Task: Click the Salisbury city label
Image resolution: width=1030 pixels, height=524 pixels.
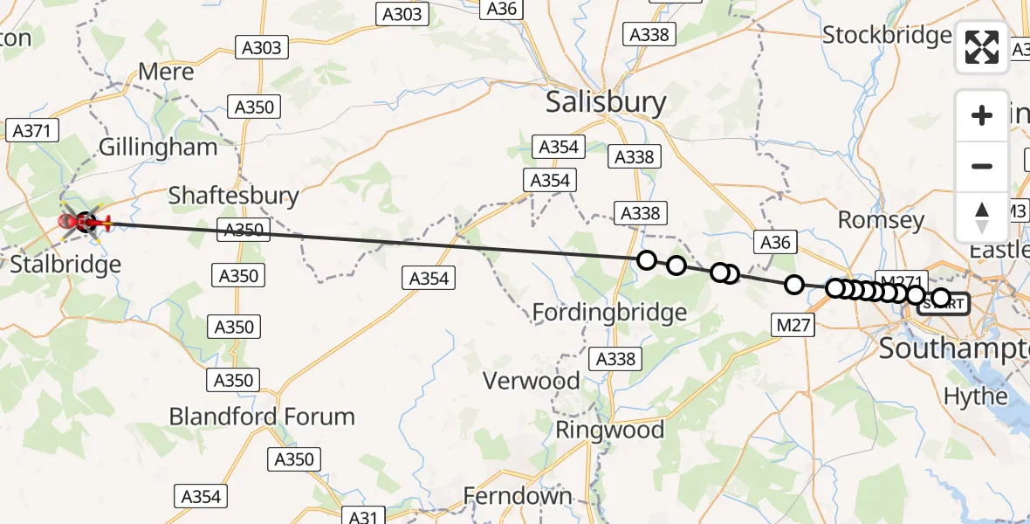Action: pos(605,102)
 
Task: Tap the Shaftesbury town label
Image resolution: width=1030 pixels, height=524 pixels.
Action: pos(233,195)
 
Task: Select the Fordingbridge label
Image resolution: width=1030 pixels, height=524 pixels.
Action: pos(609,312)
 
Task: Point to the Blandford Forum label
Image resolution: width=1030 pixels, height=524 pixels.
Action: pos(262,416)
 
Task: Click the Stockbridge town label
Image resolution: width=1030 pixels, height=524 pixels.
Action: pos(887,35)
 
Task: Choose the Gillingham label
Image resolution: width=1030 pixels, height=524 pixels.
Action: pos(158,147)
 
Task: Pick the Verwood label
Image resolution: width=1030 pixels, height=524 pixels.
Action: pos(532,381)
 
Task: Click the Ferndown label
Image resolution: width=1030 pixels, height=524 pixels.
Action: pos(518,496)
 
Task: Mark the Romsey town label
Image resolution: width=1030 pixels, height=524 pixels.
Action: pos(881,219)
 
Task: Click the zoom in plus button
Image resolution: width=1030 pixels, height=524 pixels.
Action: pos(982,115)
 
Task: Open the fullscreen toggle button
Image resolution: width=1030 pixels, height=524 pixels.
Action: pos(982,47)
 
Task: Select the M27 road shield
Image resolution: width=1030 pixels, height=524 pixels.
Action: pos(793,326)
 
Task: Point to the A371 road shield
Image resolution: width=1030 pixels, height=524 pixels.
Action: pos(31,131)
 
